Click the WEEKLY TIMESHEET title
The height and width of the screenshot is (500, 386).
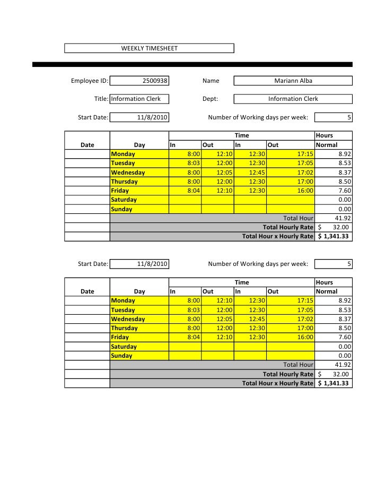coord(149,48)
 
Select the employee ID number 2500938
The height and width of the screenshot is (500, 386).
coord(155,81)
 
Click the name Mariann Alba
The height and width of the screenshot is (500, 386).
coord(293,81)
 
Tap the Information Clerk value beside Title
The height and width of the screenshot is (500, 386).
coord(136,99)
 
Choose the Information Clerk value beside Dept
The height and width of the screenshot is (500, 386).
coord(293,99)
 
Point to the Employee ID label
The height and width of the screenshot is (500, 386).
coord(90,81)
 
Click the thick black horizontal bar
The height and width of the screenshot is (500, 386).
coord(192,64)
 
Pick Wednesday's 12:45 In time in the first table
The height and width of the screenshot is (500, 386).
coord(257,173)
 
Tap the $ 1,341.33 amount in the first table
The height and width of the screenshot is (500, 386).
coord(333,236)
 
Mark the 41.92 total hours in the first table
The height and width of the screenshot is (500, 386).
coord(343,218)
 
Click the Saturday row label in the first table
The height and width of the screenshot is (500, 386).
coord(124,200)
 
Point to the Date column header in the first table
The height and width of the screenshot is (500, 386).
coord(87,144)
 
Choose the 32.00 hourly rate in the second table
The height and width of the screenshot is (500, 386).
coord(340,374)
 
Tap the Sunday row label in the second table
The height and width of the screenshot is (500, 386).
coord(121,356)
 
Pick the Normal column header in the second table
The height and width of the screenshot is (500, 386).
coord(327,291)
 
